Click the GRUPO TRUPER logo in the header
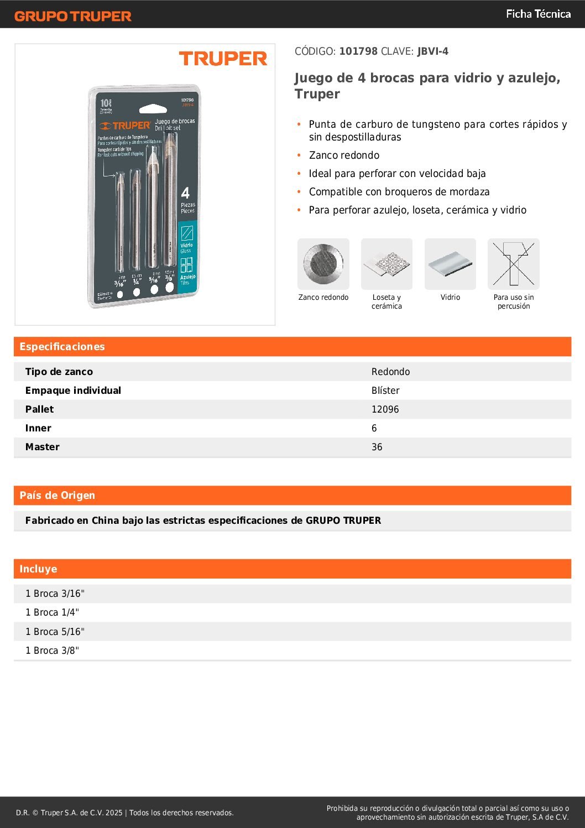click(73, 16)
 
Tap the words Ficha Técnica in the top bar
click(538, 14)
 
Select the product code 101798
click(358, 51)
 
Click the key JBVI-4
click(433, 51)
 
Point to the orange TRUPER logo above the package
click(223, 59)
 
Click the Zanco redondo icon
click(323, 264)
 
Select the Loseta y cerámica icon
click(386, 264)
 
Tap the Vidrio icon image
click(450, 264)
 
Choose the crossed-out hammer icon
click(513, 264)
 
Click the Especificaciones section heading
click(62, 347)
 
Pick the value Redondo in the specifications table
click(390, 372)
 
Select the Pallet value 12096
click(385, 409)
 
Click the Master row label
click(43, 447)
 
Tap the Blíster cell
click(385, 390)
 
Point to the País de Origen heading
click(58, 496)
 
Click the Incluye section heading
click(38, 569)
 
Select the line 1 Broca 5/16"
click(55, 632)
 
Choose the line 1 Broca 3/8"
click(52, 650)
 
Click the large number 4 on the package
click(185, 193)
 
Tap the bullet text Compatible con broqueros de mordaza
click(399, 192)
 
